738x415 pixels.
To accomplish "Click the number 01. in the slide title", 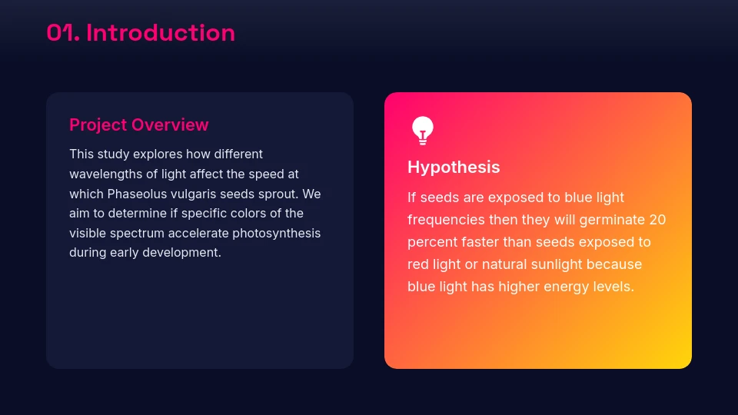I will click(63, 32).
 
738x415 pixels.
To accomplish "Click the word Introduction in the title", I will click(161, 32).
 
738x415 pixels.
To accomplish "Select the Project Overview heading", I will click(138, 124).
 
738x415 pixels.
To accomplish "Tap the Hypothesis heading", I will click(454, 167).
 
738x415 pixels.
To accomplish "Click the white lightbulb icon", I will click(422, 131).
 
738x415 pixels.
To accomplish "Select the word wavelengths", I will click(105, 174).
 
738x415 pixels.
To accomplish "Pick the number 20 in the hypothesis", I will click(657, 220).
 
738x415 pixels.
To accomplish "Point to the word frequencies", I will click(446, 220).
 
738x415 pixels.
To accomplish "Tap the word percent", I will click(431, 242).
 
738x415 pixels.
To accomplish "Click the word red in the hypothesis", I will click(419, 264).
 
